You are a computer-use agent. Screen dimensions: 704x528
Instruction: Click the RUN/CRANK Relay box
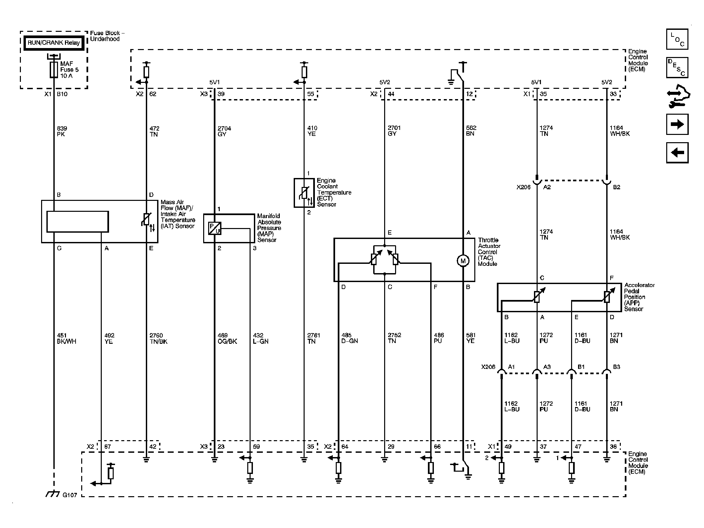(54, 43)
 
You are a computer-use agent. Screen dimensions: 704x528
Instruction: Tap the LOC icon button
(677, 39)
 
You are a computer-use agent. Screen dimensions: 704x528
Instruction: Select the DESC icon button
(677, 68)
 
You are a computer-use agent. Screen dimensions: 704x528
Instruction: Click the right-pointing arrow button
(677, 124)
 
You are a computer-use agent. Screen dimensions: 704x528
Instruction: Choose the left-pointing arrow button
(677, 153)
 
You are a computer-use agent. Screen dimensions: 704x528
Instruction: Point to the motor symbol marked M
(463, 261)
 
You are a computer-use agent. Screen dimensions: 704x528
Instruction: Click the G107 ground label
(70, 495)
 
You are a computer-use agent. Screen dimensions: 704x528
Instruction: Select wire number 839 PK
(62, 131)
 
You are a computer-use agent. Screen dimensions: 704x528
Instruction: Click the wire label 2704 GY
(224, 131)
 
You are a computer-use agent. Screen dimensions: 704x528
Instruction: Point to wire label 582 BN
(471, 131)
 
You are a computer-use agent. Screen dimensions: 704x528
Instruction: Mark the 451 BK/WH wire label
(67, 338)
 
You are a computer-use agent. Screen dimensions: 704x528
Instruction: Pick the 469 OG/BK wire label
(227, 338)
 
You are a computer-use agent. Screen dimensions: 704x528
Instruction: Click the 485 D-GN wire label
(349, 338)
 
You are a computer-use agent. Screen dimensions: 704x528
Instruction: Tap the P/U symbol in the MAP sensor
(215, 228)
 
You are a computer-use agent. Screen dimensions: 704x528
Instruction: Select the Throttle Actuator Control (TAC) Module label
(489, 252)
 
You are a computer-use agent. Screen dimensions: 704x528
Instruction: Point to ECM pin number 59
(256, 446)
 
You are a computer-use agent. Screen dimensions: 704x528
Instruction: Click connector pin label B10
(62, 94)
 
